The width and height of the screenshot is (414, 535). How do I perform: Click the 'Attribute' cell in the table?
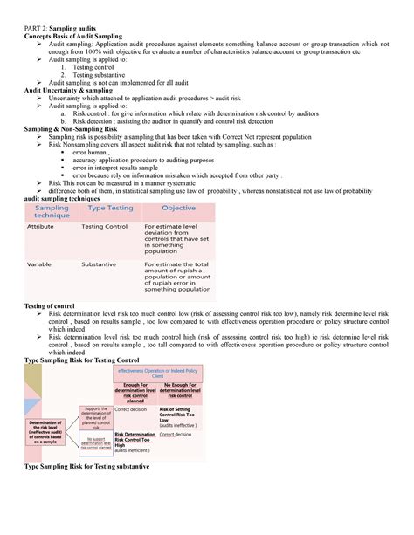(x=41, y=226)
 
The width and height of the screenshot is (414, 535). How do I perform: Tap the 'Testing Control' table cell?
(x=105, y=226)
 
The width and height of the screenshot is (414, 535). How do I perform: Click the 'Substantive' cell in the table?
(x=100, y=264)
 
